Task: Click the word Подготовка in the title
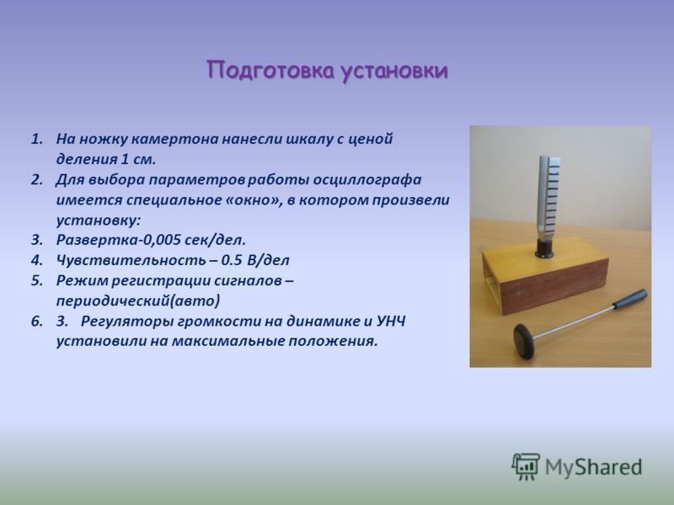point(270,71)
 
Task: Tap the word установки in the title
point(394,72)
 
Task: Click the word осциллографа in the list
point(367,180)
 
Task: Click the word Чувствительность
point(131,260)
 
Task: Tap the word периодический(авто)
point(138,300)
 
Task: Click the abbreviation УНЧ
point(391,322)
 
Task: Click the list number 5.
point(36,281)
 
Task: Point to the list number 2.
point(36,179)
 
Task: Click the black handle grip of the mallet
point(629,299)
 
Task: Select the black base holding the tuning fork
point(544,248)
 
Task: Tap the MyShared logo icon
point(525,466)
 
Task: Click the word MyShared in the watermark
point(593,467)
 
